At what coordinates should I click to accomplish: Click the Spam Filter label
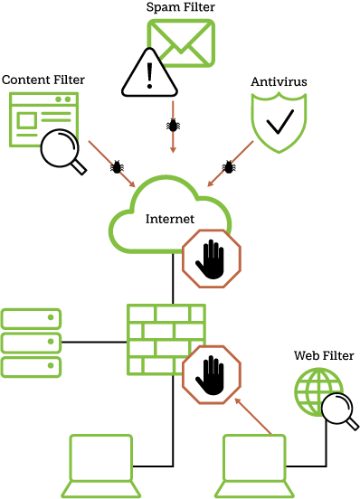click(x=181, y=7)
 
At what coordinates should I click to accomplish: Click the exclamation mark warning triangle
click(x=149, y=73)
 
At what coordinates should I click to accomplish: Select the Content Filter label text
click(x=43, y=80)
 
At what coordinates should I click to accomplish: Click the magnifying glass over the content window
click(x=61, y=148)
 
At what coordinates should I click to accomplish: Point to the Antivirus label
click(x=279, y=81)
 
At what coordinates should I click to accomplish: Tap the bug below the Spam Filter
click(x=173, y=125)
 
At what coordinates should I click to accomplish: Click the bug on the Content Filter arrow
click(x=117, y=166)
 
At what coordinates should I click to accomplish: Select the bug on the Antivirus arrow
click(x=229, y=166)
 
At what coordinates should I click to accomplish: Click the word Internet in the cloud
click(x=170, y=219)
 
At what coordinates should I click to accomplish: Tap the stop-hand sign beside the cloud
click(x=212, y=259)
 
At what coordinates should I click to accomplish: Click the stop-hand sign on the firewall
click(x=212, y=374)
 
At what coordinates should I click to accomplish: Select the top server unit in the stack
click(x=31, y=318)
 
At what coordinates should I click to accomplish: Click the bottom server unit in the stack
click(x=31, y=367)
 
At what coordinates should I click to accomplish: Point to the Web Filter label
click(x=324, y=355)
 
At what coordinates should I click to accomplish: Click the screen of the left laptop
click(x=101, y=457)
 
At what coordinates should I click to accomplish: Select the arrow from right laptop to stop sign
click(x=253, y=416)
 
